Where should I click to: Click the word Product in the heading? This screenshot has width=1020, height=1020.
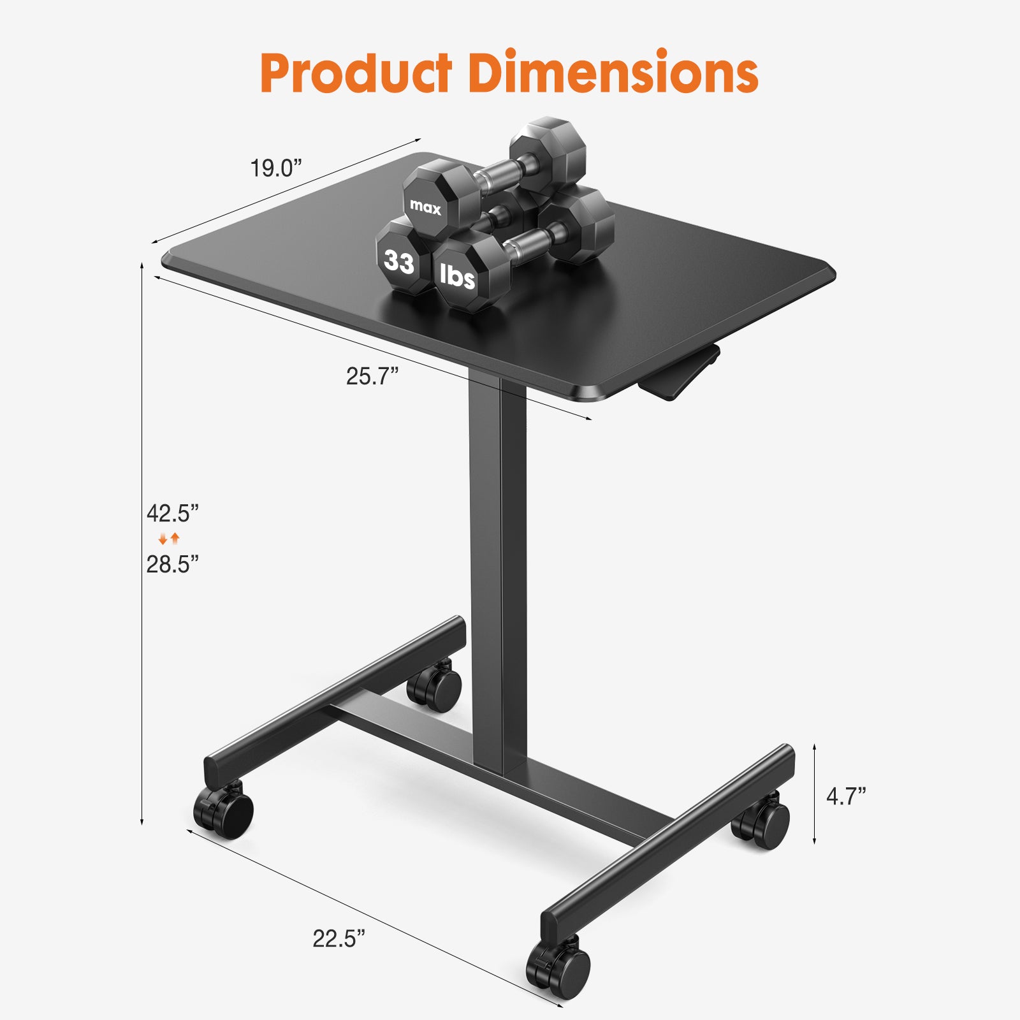coord(356,73)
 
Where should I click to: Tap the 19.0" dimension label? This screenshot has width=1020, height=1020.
coord(275,169)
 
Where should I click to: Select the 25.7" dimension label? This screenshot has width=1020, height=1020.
coord(372,376)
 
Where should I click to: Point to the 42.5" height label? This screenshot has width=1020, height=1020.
coord(173,513)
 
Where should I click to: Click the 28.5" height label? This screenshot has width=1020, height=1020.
coord(173,564)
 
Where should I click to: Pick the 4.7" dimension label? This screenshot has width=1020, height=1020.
coord(846,796)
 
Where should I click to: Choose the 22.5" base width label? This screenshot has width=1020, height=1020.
coord(339,938)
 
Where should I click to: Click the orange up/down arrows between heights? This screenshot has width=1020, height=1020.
coord(170,539)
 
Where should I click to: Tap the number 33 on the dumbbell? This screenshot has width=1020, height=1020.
coord(399,261)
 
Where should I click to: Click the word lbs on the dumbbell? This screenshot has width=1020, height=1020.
coord(457,276)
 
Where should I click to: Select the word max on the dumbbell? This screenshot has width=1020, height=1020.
coord(425,207)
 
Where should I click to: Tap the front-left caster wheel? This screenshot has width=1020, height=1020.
coord(224,811)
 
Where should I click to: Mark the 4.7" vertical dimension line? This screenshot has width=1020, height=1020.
coord(815,794)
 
